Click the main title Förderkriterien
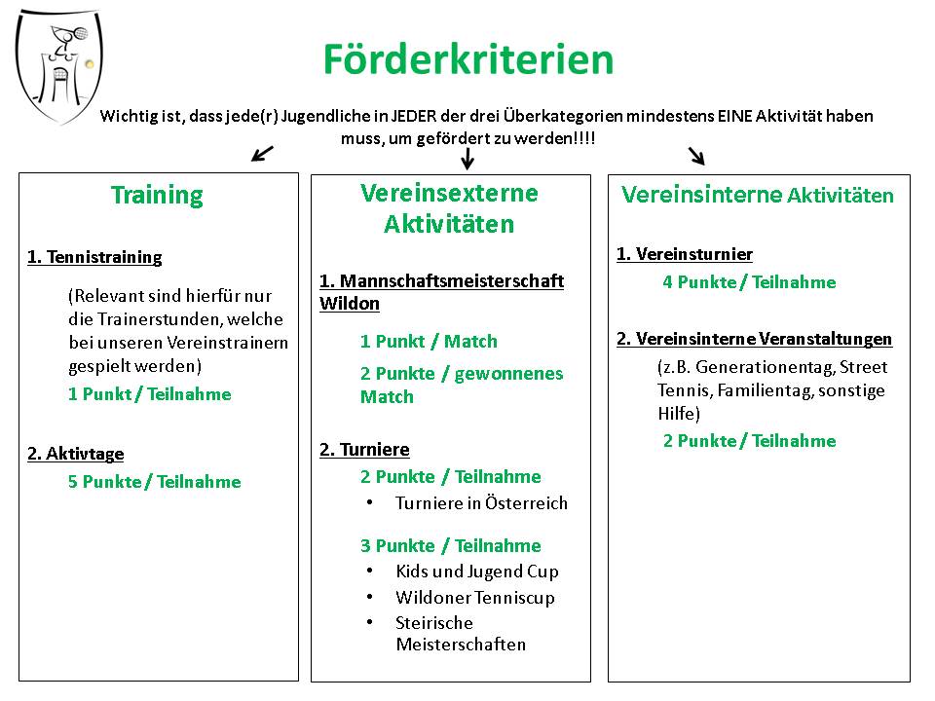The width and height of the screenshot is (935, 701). (x=468, y=59)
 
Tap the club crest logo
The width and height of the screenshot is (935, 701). (x=58, y=65)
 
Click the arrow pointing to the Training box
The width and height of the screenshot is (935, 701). (x=262, y=153)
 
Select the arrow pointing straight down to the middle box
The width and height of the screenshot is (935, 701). (x=468, y=159)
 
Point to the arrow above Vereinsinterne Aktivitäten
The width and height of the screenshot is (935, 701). (x=696, y=156)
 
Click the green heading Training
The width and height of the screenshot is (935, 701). (x=157, y=196)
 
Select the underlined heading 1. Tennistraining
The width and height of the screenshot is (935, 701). (x=94, y=257)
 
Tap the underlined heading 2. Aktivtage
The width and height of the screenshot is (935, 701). (x=76, y=454)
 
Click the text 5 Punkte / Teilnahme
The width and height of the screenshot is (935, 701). (x=155, y=482)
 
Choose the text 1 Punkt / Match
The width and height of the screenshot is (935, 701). (x=429, y=341)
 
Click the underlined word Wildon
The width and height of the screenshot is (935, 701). (x=350, y=304)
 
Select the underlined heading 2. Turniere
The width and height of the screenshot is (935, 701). (x=364, y=450)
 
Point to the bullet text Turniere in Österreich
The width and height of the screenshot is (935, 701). (x=481, y=503)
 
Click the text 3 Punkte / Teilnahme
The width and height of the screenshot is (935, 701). (x=451, y=545)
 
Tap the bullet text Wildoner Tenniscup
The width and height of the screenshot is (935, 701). (x=475, y=597)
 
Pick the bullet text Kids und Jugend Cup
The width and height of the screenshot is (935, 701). (x=477, y=572)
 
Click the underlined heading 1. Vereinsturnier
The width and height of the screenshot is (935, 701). (x=685, y=254)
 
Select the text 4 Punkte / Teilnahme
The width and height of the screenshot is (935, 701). (x=750, y=282)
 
